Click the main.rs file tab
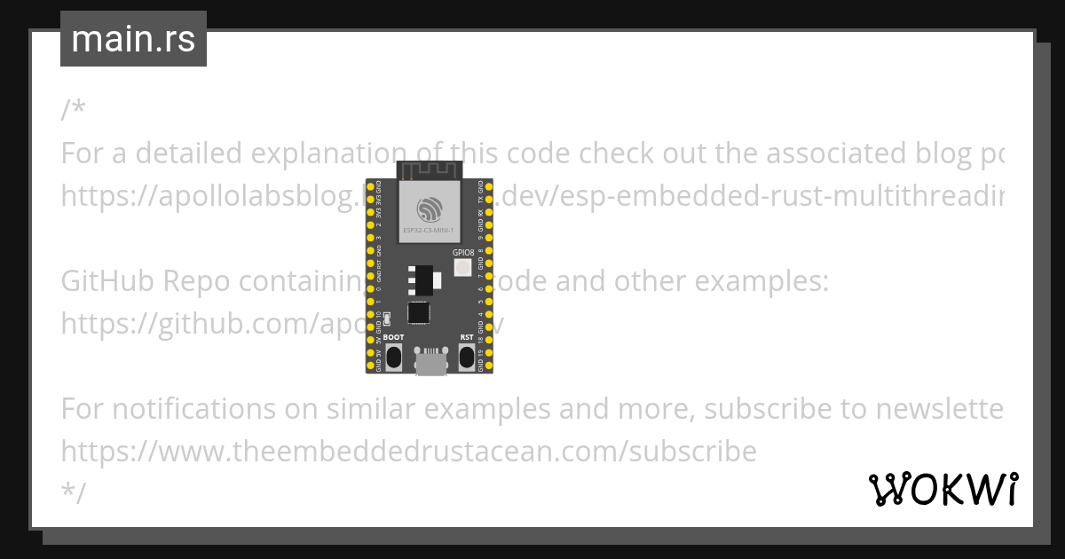point(133,39)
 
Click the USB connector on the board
point(430,362)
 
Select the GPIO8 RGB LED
point(462,270)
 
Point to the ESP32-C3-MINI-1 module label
point(430,231)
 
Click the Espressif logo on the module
point(430,209)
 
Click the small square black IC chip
point(418,313)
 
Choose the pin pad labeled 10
point(370,315)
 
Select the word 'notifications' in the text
point(193,409)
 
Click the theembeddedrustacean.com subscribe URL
point(408,452)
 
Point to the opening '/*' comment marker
point(74,111)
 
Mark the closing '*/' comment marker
point(74,493)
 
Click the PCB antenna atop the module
point(430,169)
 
